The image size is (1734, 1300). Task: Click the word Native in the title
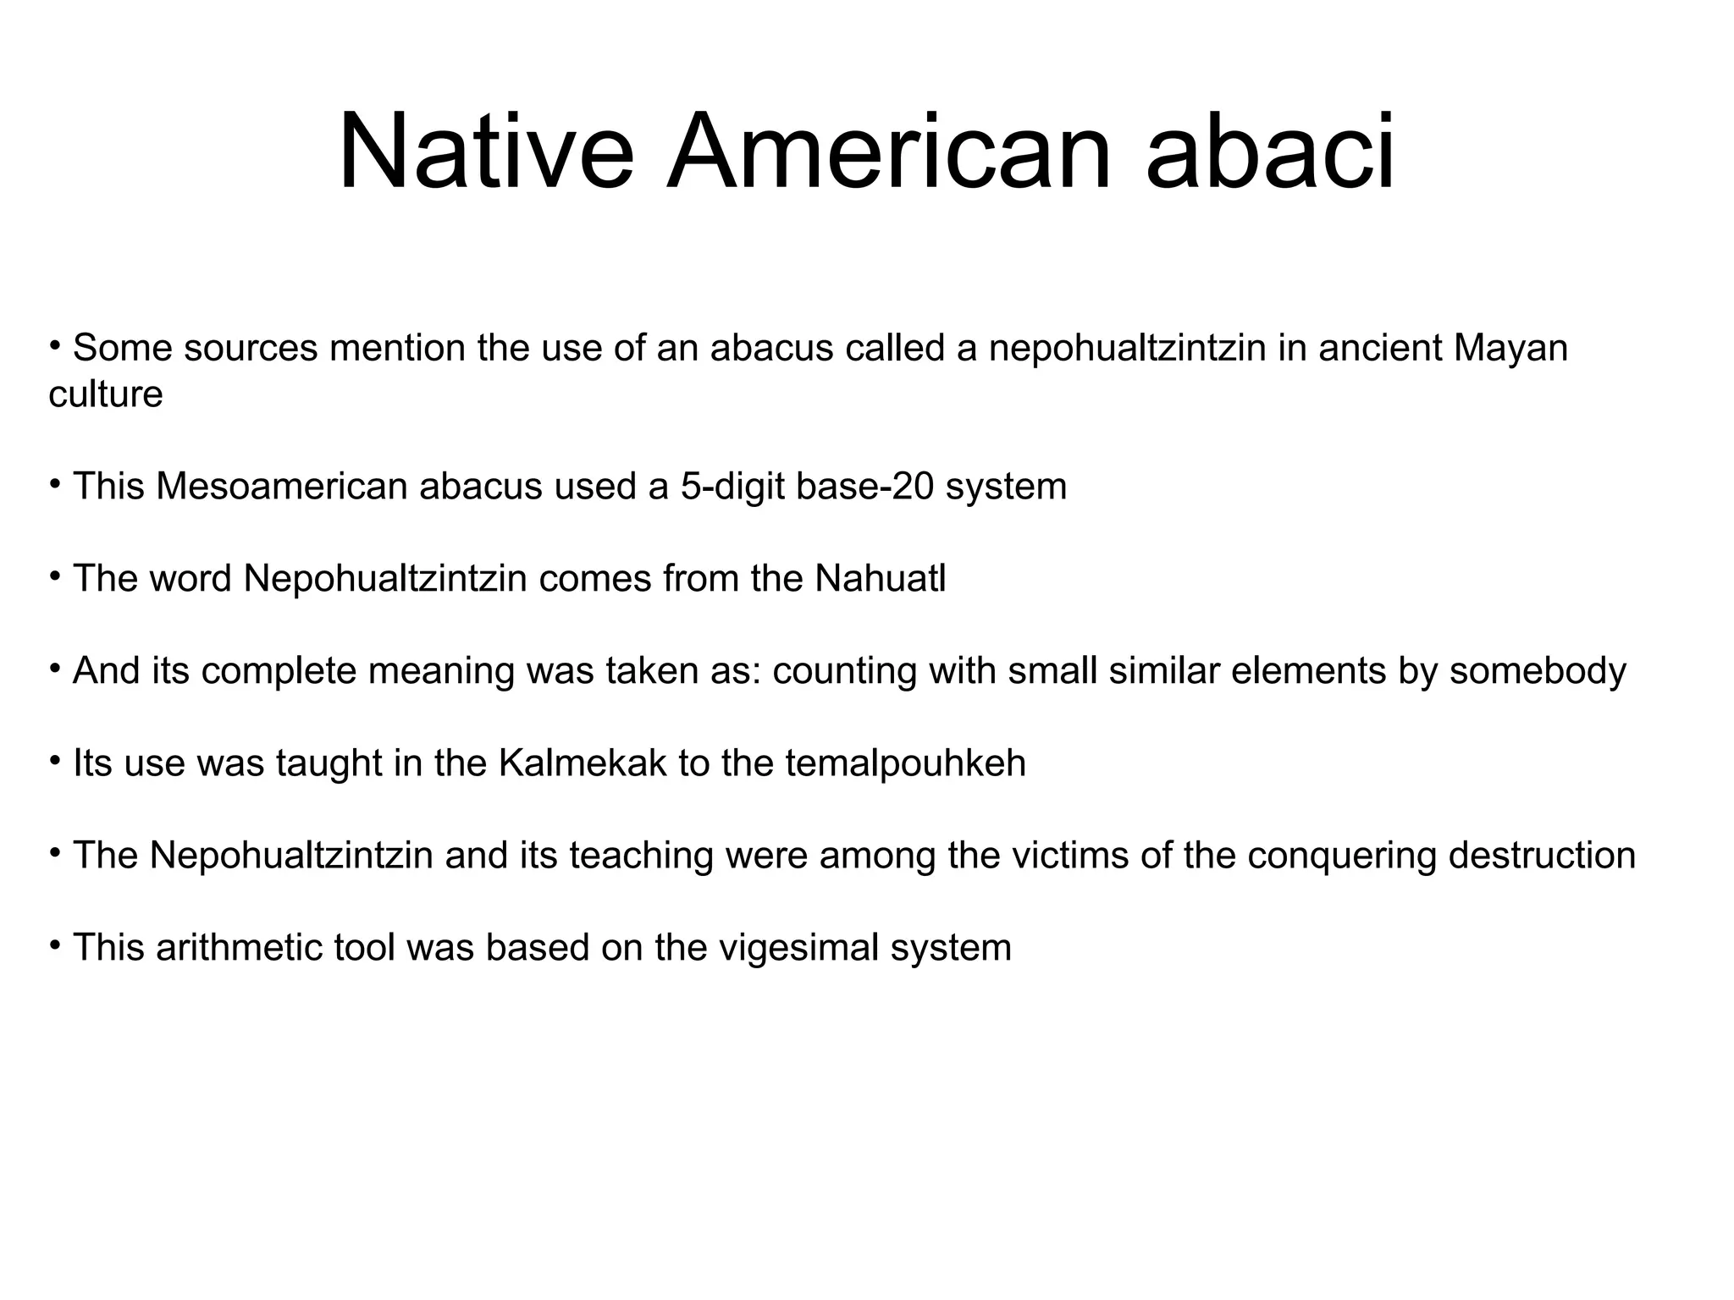pyautogui.click(x=485, y=153)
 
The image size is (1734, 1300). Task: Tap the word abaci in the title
pyautogui.click(x=1269, y=153)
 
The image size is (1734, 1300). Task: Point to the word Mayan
pyautogui.click(x=1510, y=349)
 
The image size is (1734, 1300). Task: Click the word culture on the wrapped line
pyautogui.click(x=106, y=394)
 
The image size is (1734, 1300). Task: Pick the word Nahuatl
pyautogui.click(x=881, y=579)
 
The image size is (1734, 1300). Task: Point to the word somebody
pyautogui.click(x=1538, y=671)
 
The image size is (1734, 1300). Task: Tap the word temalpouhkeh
pyautogui.click(x=905, y=763)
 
